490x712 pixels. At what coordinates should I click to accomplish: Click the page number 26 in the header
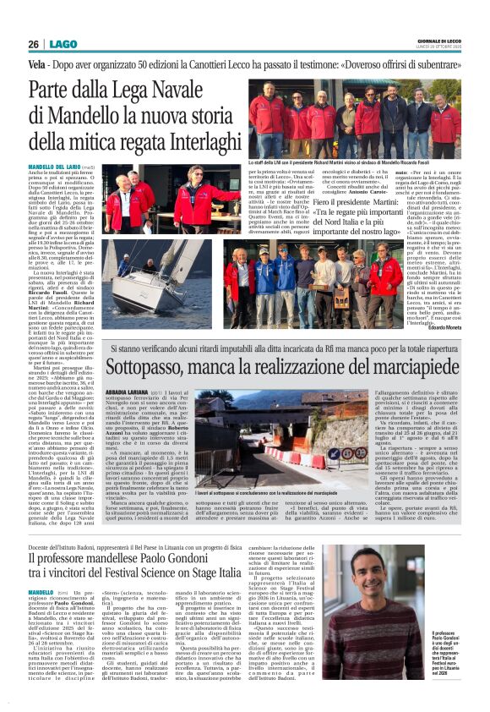click(x=33, y=44)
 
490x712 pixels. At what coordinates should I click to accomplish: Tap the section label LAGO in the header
click(x=61, y=44)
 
